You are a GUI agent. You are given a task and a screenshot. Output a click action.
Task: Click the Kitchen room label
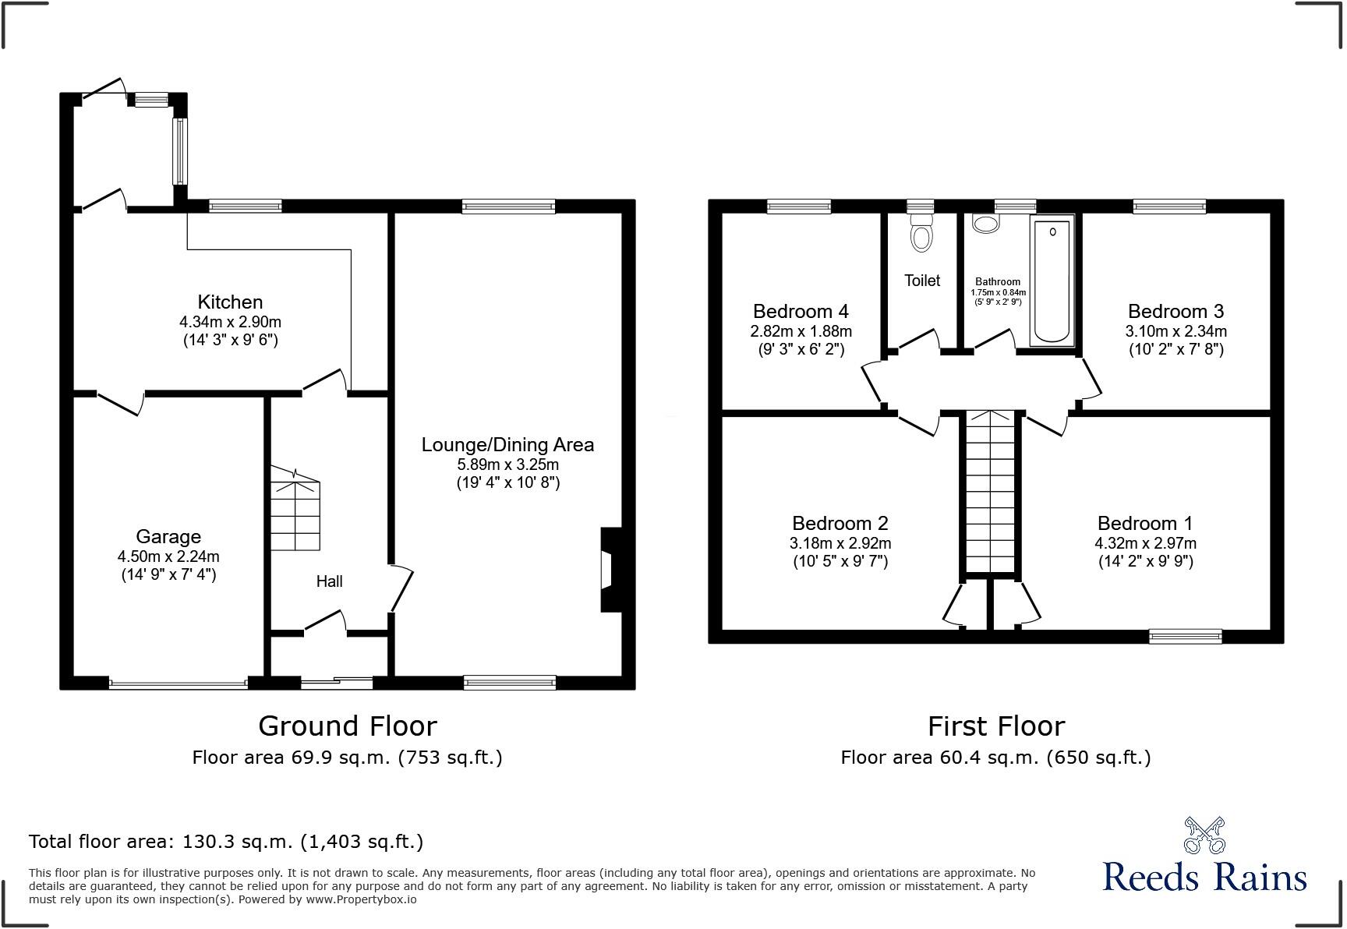pos(230,302)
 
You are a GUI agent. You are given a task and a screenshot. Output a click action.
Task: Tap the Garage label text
pos(168,537)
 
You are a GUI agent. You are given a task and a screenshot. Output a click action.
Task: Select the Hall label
pos(329,581)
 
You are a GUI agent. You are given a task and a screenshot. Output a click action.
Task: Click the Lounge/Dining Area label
pos(507,445)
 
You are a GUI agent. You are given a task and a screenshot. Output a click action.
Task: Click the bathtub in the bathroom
pos(1052,281)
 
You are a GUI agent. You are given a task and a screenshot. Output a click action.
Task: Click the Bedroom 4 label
pos(801,312)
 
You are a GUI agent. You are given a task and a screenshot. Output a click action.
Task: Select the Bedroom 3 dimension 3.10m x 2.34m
pos(1176,331)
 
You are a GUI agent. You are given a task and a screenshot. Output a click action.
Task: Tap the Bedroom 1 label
pos(1144,523)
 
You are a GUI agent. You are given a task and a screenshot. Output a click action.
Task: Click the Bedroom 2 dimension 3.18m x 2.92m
pos(840,543)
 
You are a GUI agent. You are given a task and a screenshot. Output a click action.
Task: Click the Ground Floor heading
pos(347,726)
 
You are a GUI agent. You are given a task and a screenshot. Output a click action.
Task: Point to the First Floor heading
pos(995,726)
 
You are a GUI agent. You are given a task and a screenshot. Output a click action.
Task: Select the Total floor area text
pos(226,842)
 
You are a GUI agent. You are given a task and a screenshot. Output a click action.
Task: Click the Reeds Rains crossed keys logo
pos(1204,835)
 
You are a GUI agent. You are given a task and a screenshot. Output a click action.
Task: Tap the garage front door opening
pos(179,684)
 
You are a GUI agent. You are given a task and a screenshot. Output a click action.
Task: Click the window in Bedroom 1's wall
pos(1185,637)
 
